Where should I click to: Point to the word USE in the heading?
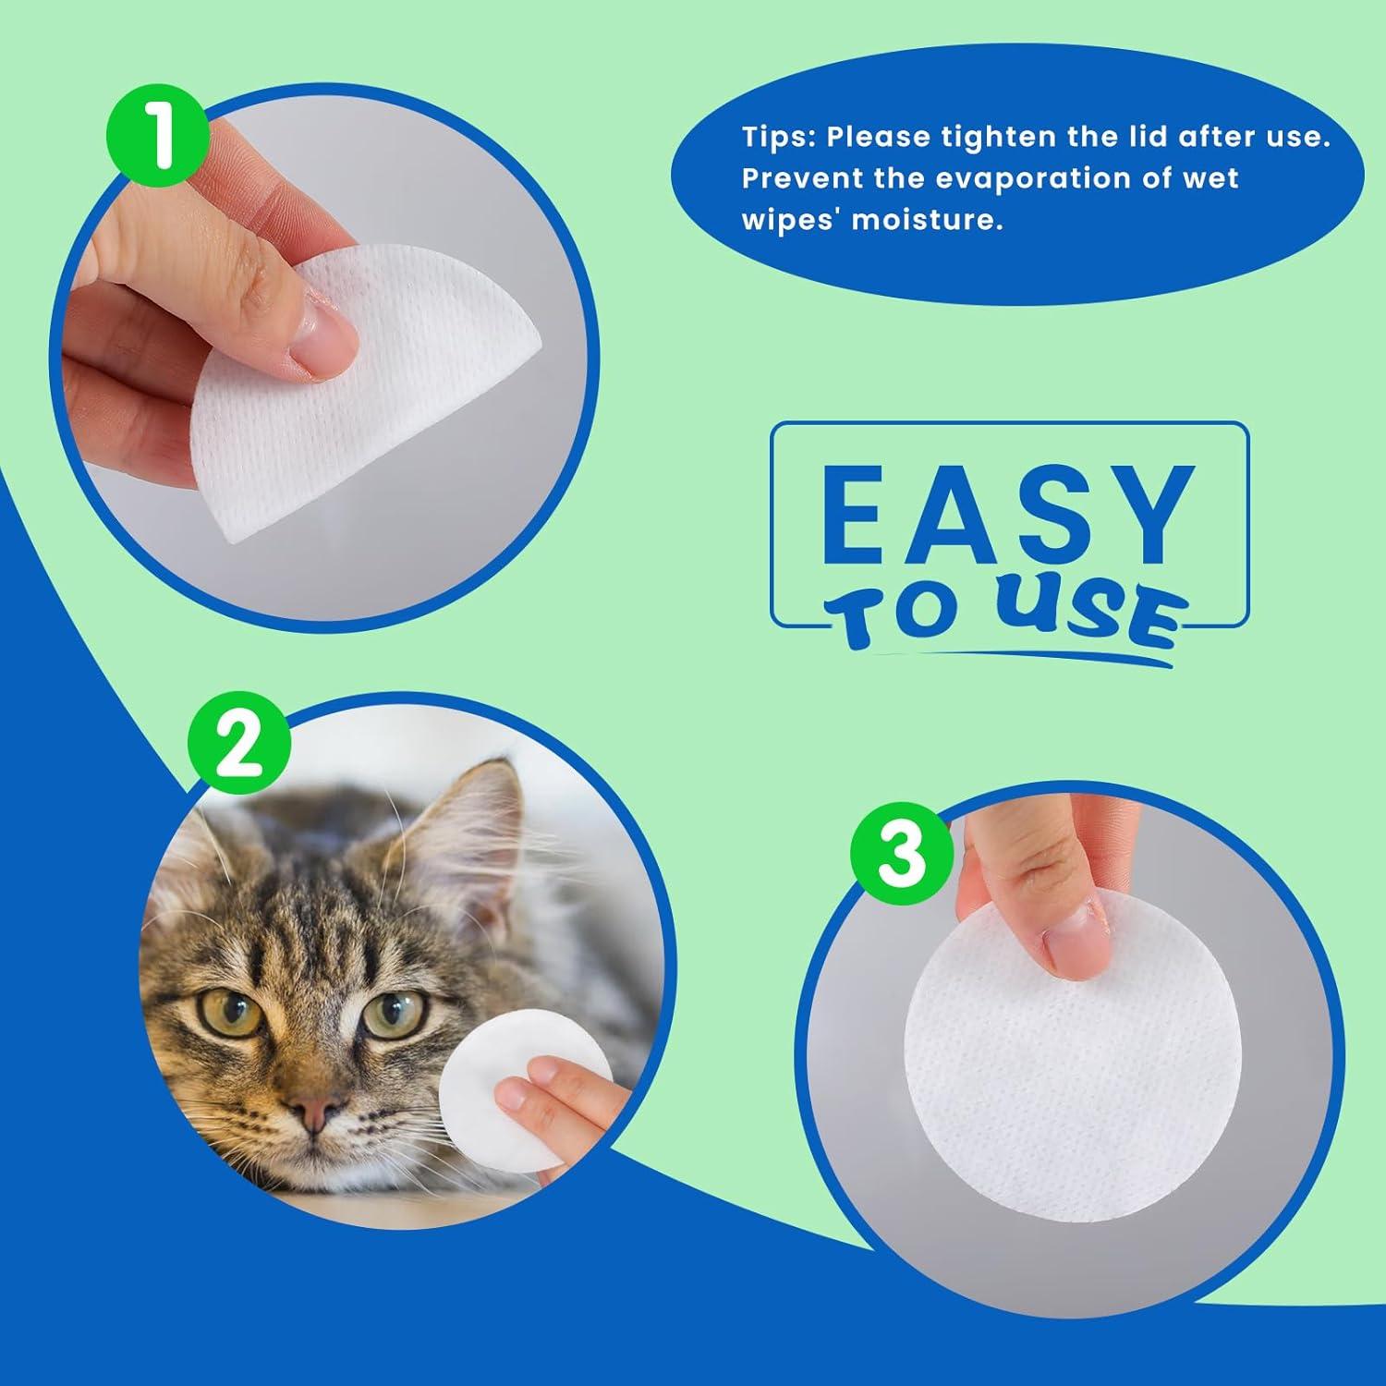[1090, 616]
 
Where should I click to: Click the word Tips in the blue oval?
[778, 138]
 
